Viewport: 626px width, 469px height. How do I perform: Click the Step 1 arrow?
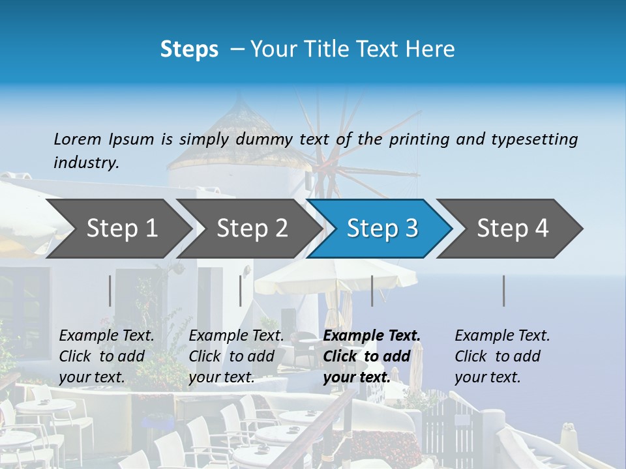pos(122,229)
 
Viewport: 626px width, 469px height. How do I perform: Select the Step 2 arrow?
pos(252,229)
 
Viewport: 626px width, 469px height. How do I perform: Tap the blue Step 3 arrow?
pos(382,229)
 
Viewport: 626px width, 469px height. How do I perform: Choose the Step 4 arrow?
pos(513,229)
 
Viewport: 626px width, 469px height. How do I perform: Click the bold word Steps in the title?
pos(189,50)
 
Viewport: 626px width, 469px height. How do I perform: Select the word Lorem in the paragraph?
pos(77,139)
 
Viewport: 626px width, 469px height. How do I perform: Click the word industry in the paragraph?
pos(85,162)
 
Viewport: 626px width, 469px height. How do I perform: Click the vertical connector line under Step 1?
pos(110,291)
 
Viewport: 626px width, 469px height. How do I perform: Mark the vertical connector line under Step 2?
pos(241,291)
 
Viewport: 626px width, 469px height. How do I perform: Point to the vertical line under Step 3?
pos(372,291)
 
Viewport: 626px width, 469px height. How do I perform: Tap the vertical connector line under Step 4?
pos(503,291)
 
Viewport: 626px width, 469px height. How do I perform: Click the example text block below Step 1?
pos(106,356)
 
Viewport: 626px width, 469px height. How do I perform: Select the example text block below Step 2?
pos(236,356)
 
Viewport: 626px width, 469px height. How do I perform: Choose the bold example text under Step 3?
pos(372,356)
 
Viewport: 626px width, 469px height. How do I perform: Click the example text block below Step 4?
pos(502,356)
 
